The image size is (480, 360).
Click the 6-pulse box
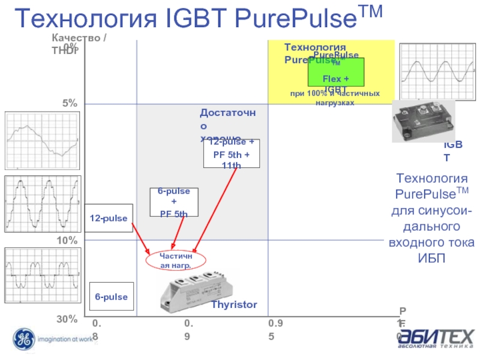(111, 296)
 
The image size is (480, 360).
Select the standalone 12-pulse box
(109, 218)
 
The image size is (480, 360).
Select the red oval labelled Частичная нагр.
(176, 260)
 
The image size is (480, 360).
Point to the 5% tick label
(70, 103)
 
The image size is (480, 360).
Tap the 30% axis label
(67, 319)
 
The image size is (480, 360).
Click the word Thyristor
(233, 305)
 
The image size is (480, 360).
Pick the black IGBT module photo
(423, 120)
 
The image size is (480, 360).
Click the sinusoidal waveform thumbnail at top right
(428, 71)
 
